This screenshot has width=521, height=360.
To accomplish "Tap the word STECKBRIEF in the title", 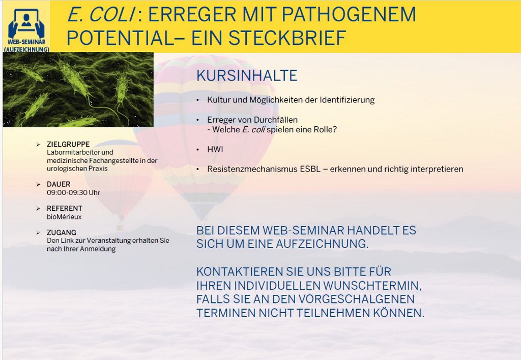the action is (x=287, y=38).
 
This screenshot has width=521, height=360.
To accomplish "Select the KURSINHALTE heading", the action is (x=247, y=75).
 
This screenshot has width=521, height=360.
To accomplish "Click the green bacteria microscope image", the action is (x=78, y=90).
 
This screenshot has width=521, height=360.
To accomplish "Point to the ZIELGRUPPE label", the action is (x=68, y=144).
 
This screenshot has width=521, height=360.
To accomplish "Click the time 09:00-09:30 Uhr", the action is (x=73, y=192).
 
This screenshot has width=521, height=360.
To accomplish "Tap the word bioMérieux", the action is (x=64, y=217).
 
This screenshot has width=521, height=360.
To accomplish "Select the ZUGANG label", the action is (x=62, y=232).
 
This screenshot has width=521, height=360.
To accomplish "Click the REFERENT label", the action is (x=65, y=208).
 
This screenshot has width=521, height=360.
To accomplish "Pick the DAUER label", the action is (x=59, y=184).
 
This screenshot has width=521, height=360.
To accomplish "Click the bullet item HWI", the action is (x=215, y=149).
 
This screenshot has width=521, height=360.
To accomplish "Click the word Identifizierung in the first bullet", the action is (x=347, y=100).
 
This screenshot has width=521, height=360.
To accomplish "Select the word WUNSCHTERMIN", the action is (x=372, y=286).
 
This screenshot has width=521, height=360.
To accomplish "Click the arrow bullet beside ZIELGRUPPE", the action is (x=38, y=144).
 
